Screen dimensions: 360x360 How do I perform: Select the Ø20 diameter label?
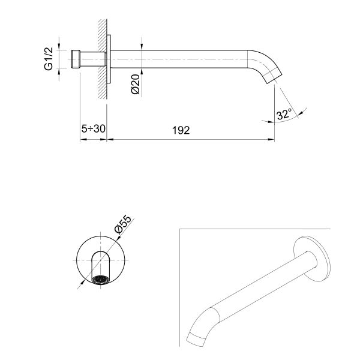click(135, 84)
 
